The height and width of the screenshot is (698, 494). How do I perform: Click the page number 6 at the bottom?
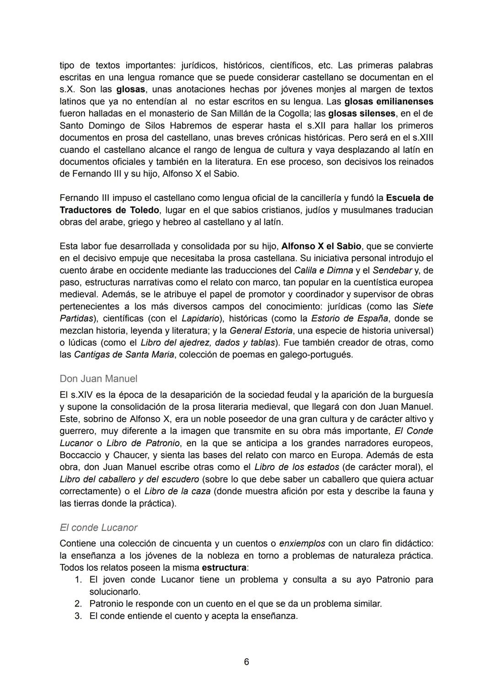247,661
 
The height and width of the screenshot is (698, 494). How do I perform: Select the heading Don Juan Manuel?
98,379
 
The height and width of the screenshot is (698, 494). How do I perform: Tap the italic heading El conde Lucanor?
98,527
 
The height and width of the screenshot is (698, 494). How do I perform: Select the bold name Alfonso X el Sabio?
321,246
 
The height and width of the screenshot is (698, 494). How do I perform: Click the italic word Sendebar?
392,270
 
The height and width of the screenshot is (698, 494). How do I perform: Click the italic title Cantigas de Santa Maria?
124,355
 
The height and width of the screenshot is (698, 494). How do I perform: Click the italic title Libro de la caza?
177,491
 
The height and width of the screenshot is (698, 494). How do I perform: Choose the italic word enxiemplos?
302,543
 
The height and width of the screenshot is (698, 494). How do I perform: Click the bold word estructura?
224,568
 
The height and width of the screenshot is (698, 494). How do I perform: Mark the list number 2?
78,604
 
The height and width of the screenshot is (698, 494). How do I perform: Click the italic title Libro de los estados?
296,467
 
